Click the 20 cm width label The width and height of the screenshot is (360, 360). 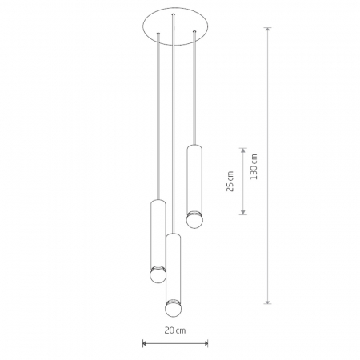175,330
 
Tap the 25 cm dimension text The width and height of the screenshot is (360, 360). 230,182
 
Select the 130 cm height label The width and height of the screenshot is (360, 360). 254,166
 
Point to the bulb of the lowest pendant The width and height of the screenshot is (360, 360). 174,310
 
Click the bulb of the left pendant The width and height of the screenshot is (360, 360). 158,275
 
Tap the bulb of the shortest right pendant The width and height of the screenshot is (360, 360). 194,220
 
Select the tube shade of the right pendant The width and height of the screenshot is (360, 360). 194,178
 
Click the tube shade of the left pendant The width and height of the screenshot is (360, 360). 158,234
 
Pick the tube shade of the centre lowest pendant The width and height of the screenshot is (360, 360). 174,267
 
